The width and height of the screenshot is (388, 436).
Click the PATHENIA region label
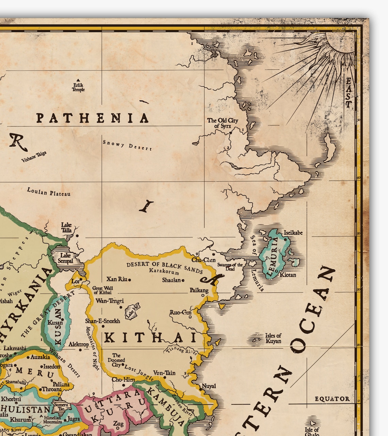click(93, 118)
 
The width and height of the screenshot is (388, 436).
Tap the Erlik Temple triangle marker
click(78, 80)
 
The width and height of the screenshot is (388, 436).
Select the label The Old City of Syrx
click(223, 123)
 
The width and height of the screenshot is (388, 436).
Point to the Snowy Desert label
click(127, 145)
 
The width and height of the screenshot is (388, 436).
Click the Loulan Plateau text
click(49, 192)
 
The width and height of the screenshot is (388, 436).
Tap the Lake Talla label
click(66, 228)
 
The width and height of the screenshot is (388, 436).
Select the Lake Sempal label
click(65, 258)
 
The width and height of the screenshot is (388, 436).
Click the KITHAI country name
click(150, 338)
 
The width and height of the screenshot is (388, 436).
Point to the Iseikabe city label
click(293, 233)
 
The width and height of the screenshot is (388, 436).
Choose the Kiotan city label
click(288, 275)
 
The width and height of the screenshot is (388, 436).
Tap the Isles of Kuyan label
click(273, 338)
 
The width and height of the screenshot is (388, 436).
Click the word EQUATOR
click(332, 399)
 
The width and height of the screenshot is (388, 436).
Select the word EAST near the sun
click(349, 93)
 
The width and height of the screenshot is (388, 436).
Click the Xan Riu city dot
click(130, 280)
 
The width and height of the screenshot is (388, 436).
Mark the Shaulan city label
click(171, 280)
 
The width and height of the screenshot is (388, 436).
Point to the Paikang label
click(199, 290)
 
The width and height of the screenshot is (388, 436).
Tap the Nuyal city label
click(209, 386)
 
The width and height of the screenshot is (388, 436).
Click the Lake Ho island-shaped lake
click(132, 311)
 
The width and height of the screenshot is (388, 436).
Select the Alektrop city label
click(79, 345)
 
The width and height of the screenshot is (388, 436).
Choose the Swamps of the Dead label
click(230, 267)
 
